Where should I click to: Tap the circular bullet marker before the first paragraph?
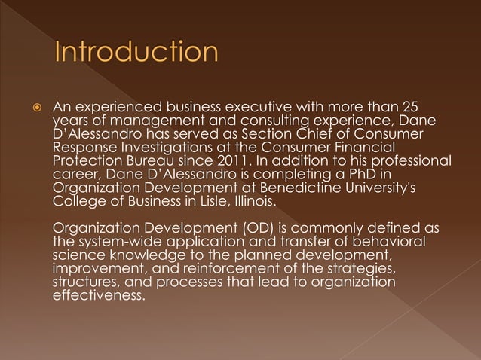pyautogui.click(x=35, y=108)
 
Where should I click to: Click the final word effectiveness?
pyautogui.click(x=97, y=296)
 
